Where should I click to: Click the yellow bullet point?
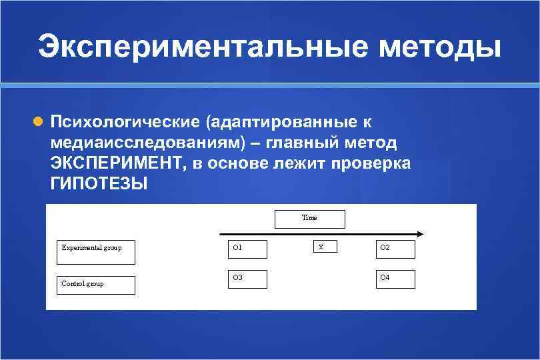coord(38,122)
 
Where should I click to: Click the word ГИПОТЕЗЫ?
coord(98,183)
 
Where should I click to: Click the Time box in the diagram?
coord(310,219)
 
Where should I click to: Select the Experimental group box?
coord(96,252)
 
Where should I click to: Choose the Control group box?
coord(96,285)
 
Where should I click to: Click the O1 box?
coord(247,249)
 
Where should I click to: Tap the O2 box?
coord(395,249)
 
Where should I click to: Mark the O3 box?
coord(247,279)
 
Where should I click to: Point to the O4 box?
coord(395,279)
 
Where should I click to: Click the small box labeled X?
coord(325,247)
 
